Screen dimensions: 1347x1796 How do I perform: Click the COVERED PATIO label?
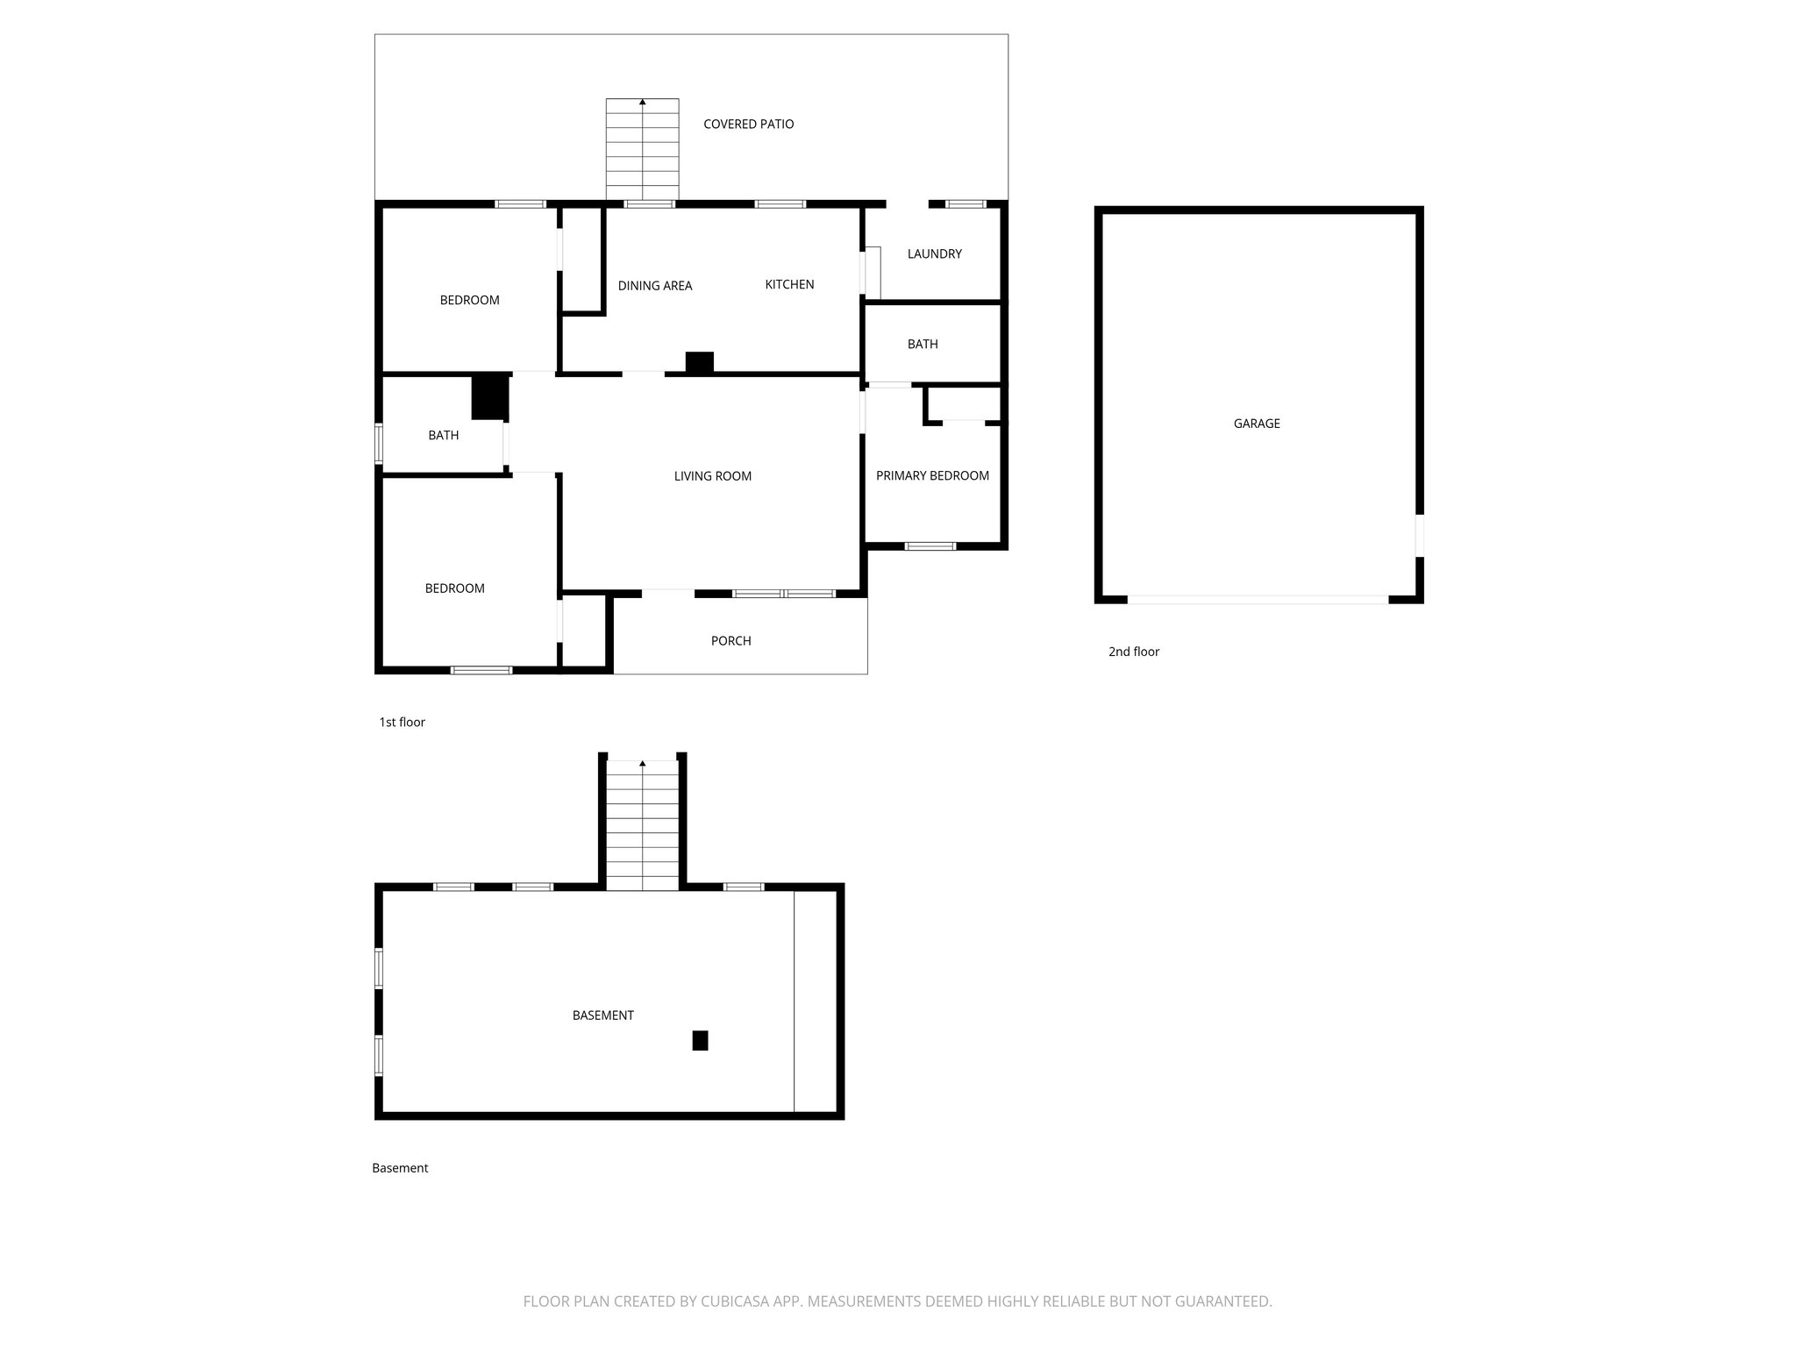point(748,125)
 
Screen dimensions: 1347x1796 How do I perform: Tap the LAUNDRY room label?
point(934,254)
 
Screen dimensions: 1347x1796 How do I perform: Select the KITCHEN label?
point(789,285)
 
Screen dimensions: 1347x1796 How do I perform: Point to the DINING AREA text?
point(654,286)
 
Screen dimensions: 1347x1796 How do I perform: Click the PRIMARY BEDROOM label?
point(932,476)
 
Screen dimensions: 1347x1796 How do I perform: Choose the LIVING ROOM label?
point(712,476)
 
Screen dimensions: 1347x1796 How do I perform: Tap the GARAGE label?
point(1256,424)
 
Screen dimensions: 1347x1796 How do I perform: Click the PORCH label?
point(731,641)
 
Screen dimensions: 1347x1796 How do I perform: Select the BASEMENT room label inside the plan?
point(602,1016)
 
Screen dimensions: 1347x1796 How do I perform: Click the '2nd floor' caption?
point(1133,652)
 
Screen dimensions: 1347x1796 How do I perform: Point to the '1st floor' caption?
point(402,723)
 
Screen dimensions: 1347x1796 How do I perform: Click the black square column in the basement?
point(700,1040)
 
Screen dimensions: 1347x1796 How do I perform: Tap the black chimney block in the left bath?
point(490,396)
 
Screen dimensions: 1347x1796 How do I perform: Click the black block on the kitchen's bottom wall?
point(699,362)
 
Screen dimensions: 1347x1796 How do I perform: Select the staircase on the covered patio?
point(642,149)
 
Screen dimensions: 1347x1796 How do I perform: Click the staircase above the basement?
point(642,824)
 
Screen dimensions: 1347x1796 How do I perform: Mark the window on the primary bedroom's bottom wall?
point(930,546)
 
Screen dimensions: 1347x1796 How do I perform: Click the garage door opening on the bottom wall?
point(1257,600)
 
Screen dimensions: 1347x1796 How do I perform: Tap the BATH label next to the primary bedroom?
point(922,345)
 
